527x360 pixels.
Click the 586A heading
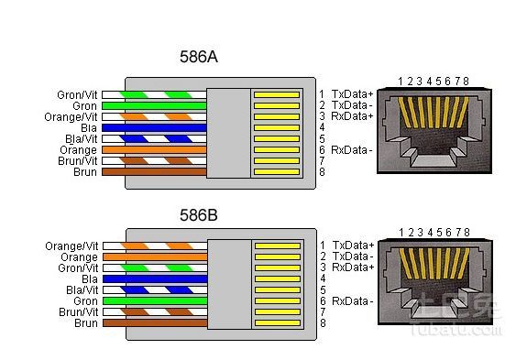coord(199,57)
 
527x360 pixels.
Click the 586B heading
coord(199,215)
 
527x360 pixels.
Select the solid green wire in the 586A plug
coord(154,105)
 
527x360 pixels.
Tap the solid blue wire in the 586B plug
coord(155,278)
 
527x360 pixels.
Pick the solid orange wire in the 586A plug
coord(154,150)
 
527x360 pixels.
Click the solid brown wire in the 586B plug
coord(155,323)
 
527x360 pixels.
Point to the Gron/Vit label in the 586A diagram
coord(77,95)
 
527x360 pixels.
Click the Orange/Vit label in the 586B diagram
coord(71,246)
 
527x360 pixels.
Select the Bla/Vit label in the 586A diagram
coord(82,139)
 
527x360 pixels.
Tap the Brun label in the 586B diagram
coord(86,323)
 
